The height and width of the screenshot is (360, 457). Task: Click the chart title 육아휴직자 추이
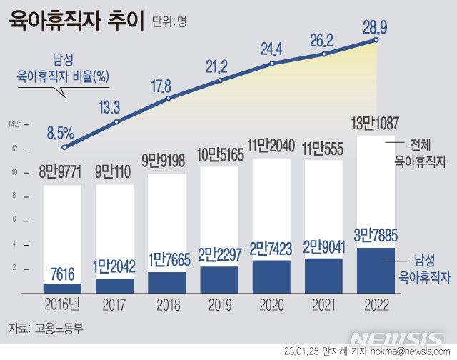[76, 19]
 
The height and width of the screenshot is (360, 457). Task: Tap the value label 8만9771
[62, 172]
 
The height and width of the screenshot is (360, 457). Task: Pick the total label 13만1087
[376, 123]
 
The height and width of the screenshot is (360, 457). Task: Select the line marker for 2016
[64, 147]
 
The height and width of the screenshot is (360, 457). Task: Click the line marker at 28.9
[376, 40]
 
